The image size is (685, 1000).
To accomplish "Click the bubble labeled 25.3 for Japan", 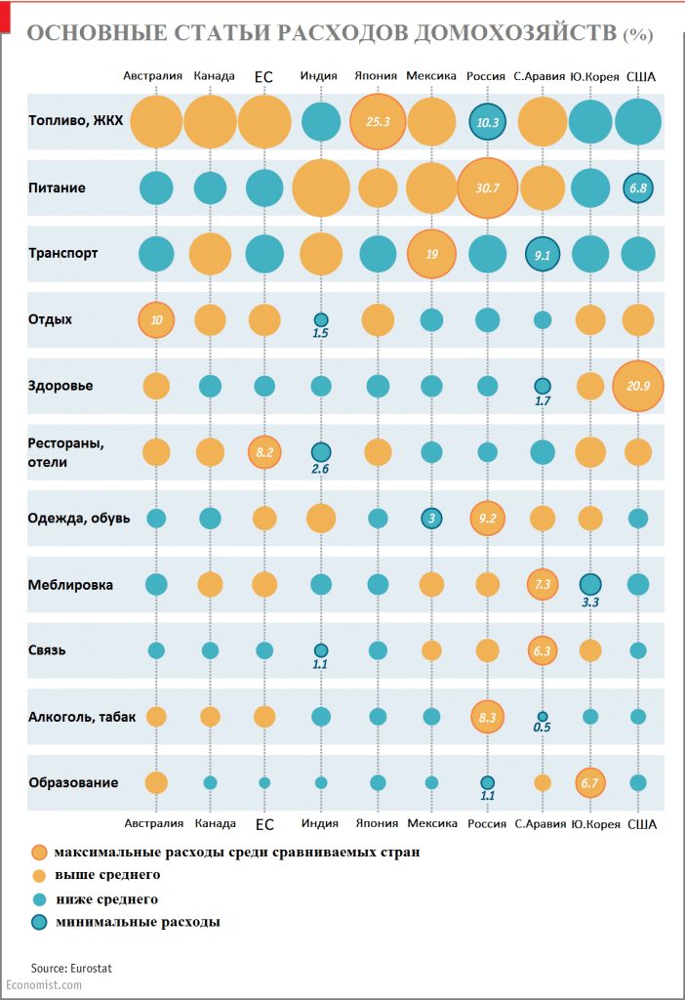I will tap(377, 122).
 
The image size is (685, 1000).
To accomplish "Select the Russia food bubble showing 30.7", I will tap(486, 187).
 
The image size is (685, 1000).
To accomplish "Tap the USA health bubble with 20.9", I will tap(638, 386).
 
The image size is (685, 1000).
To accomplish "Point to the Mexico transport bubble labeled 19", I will tap(430, 254).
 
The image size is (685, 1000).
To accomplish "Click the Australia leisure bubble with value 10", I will tap(156, 319).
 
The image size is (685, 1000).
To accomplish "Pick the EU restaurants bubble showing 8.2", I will tap(264, 452).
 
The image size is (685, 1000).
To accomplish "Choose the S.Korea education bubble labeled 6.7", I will tap(590, 782).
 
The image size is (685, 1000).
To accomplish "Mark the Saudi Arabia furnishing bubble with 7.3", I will tap(543, 584).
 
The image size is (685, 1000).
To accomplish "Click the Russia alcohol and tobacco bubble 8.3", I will tap(486, 716).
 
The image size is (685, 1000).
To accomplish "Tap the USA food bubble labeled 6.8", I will tap(638, 187).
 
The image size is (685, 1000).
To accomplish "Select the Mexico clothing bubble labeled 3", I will tap(430, 518).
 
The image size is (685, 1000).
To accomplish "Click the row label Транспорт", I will tap(62, 253).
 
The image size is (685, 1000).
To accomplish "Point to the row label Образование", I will tap(73, 782).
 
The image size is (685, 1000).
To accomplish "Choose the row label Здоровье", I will tap(60, 386).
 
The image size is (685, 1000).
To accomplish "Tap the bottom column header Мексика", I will tap(431, 824).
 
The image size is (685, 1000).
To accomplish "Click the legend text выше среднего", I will tap(107, 875).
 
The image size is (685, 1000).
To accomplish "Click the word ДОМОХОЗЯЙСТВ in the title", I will tap(516, 33).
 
